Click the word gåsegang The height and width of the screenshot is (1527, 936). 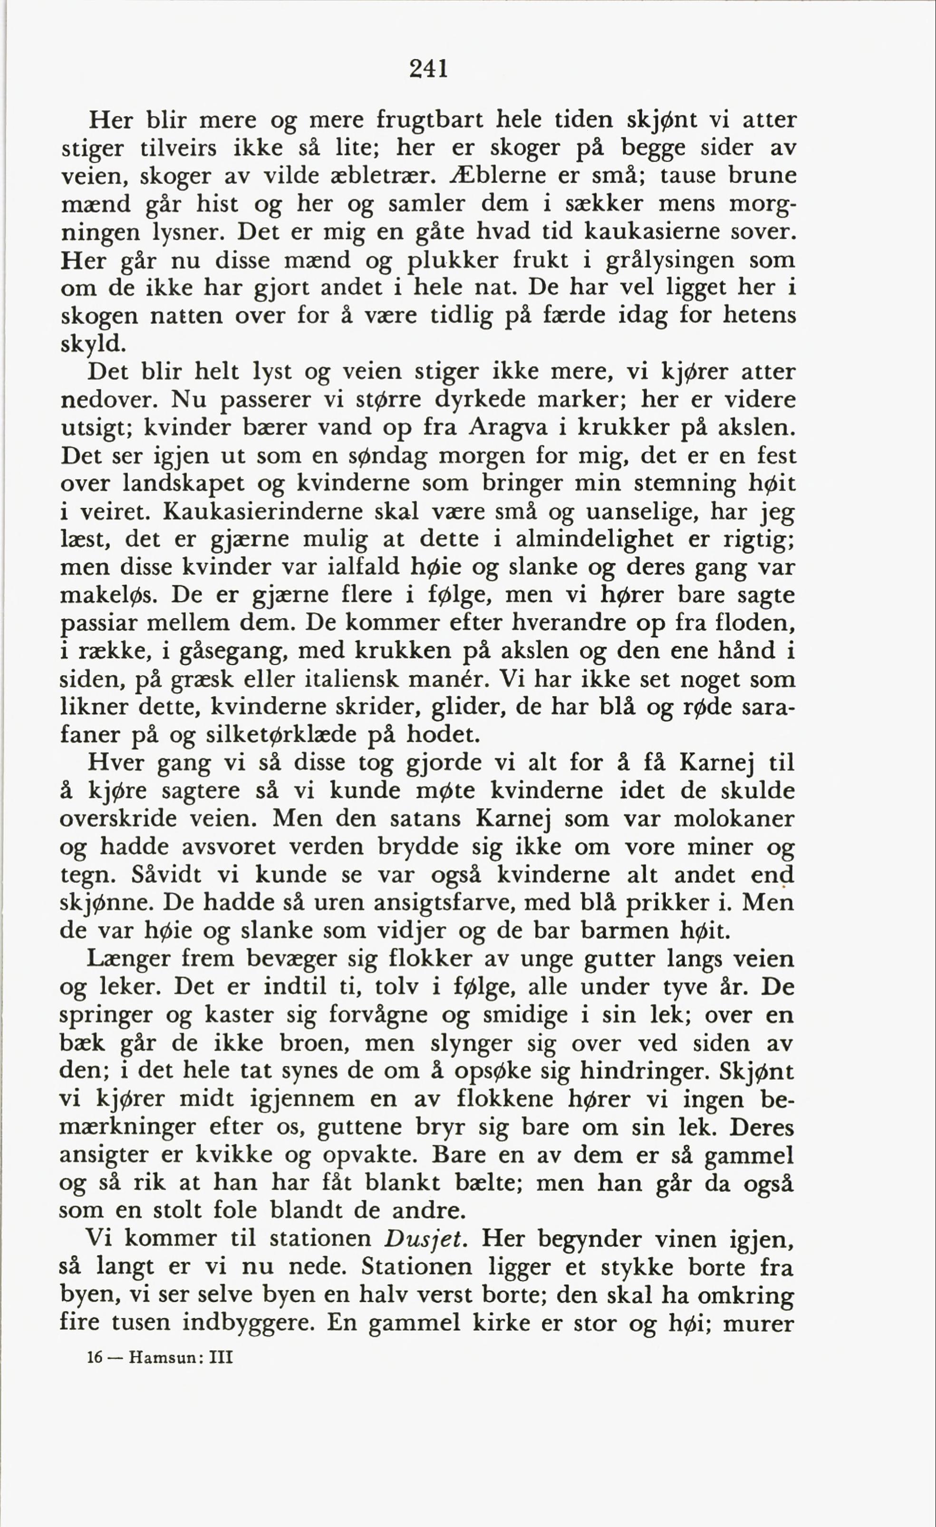pos(233,651)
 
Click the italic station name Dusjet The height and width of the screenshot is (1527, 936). pos(425,1238)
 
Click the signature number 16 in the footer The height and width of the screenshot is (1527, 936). pos(94,1358)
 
